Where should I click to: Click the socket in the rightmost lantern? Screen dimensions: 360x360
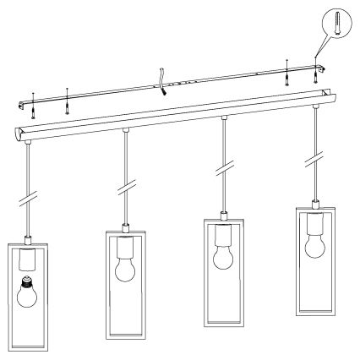click(314, 225)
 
